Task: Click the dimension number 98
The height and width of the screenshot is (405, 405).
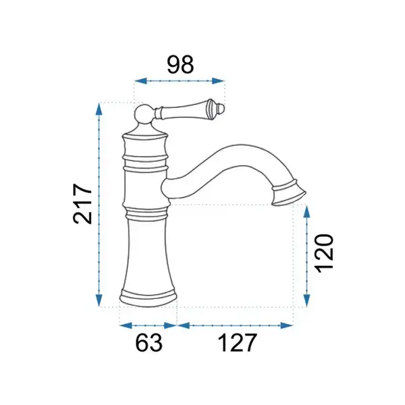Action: pyautogui.click(x=180, y=64)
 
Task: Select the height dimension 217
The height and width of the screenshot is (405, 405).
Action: pyautogui.click(x=82, y=204)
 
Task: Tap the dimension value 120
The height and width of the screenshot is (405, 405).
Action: pyautogui.click(x=325, y=253)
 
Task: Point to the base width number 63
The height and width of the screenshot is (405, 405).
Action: pyautogui.click(x=148, y=343)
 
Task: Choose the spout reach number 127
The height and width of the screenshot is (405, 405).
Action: pyautogui.click(x=238, y=343)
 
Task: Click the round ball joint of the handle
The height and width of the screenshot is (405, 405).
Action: pyautogui.click(x=144, y=113)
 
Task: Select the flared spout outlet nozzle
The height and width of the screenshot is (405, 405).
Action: pyautogui.click(x=289, y=193)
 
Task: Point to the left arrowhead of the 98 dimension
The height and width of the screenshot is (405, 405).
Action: pyautogui.click(x=140, y=81)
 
